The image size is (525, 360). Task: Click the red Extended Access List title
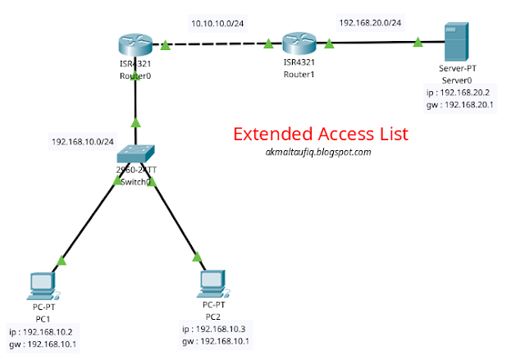(319, 133)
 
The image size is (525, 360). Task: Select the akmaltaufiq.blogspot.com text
(319, 152)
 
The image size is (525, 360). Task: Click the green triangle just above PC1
(59, 262)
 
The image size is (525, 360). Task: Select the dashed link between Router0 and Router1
(217, 44)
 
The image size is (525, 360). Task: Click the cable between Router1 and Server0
(373, 43)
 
